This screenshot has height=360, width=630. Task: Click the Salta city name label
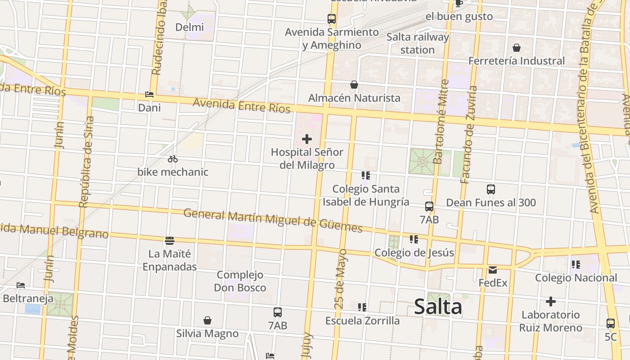click(x=437, y=307)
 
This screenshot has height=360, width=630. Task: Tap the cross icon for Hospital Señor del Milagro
click(x=307, y=139)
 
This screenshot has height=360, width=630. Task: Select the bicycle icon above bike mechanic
click(x=173, y=159)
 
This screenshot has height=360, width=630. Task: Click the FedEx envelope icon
click(x=493, y=270)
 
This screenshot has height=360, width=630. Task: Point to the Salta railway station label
click(x=418, y=43)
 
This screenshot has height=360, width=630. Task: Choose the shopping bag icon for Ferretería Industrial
click(x=517, y=48)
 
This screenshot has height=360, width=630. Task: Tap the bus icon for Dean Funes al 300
click(x=491, y=189)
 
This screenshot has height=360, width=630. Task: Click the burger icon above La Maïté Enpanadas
click(x=170, y=241)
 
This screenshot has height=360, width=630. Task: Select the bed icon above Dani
click(x=149, y=94)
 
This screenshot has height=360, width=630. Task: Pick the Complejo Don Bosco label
click(x=240, y=281)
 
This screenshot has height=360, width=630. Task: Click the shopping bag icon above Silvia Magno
click(x=207, y=320)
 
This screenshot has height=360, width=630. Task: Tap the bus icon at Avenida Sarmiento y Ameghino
click(x=332, y=19)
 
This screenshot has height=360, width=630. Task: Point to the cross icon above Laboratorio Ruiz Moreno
click(x=550, y=301)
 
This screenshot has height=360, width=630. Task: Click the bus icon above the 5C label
click(x=611, y=323)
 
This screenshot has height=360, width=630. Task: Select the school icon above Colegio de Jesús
click(x=414, y=239)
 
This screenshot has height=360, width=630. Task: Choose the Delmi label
click(x=189, y=27)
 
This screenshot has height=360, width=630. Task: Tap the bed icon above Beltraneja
click(x=21, y=285)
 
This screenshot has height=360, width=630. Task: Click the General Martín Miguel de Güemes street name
click(x=273, y=220)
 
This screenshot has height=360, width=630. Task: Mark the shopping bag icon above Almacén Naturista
click(x=354, y=85)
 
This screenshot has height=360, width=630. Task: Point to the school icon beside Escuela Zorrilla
click(x=362, y=307)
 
